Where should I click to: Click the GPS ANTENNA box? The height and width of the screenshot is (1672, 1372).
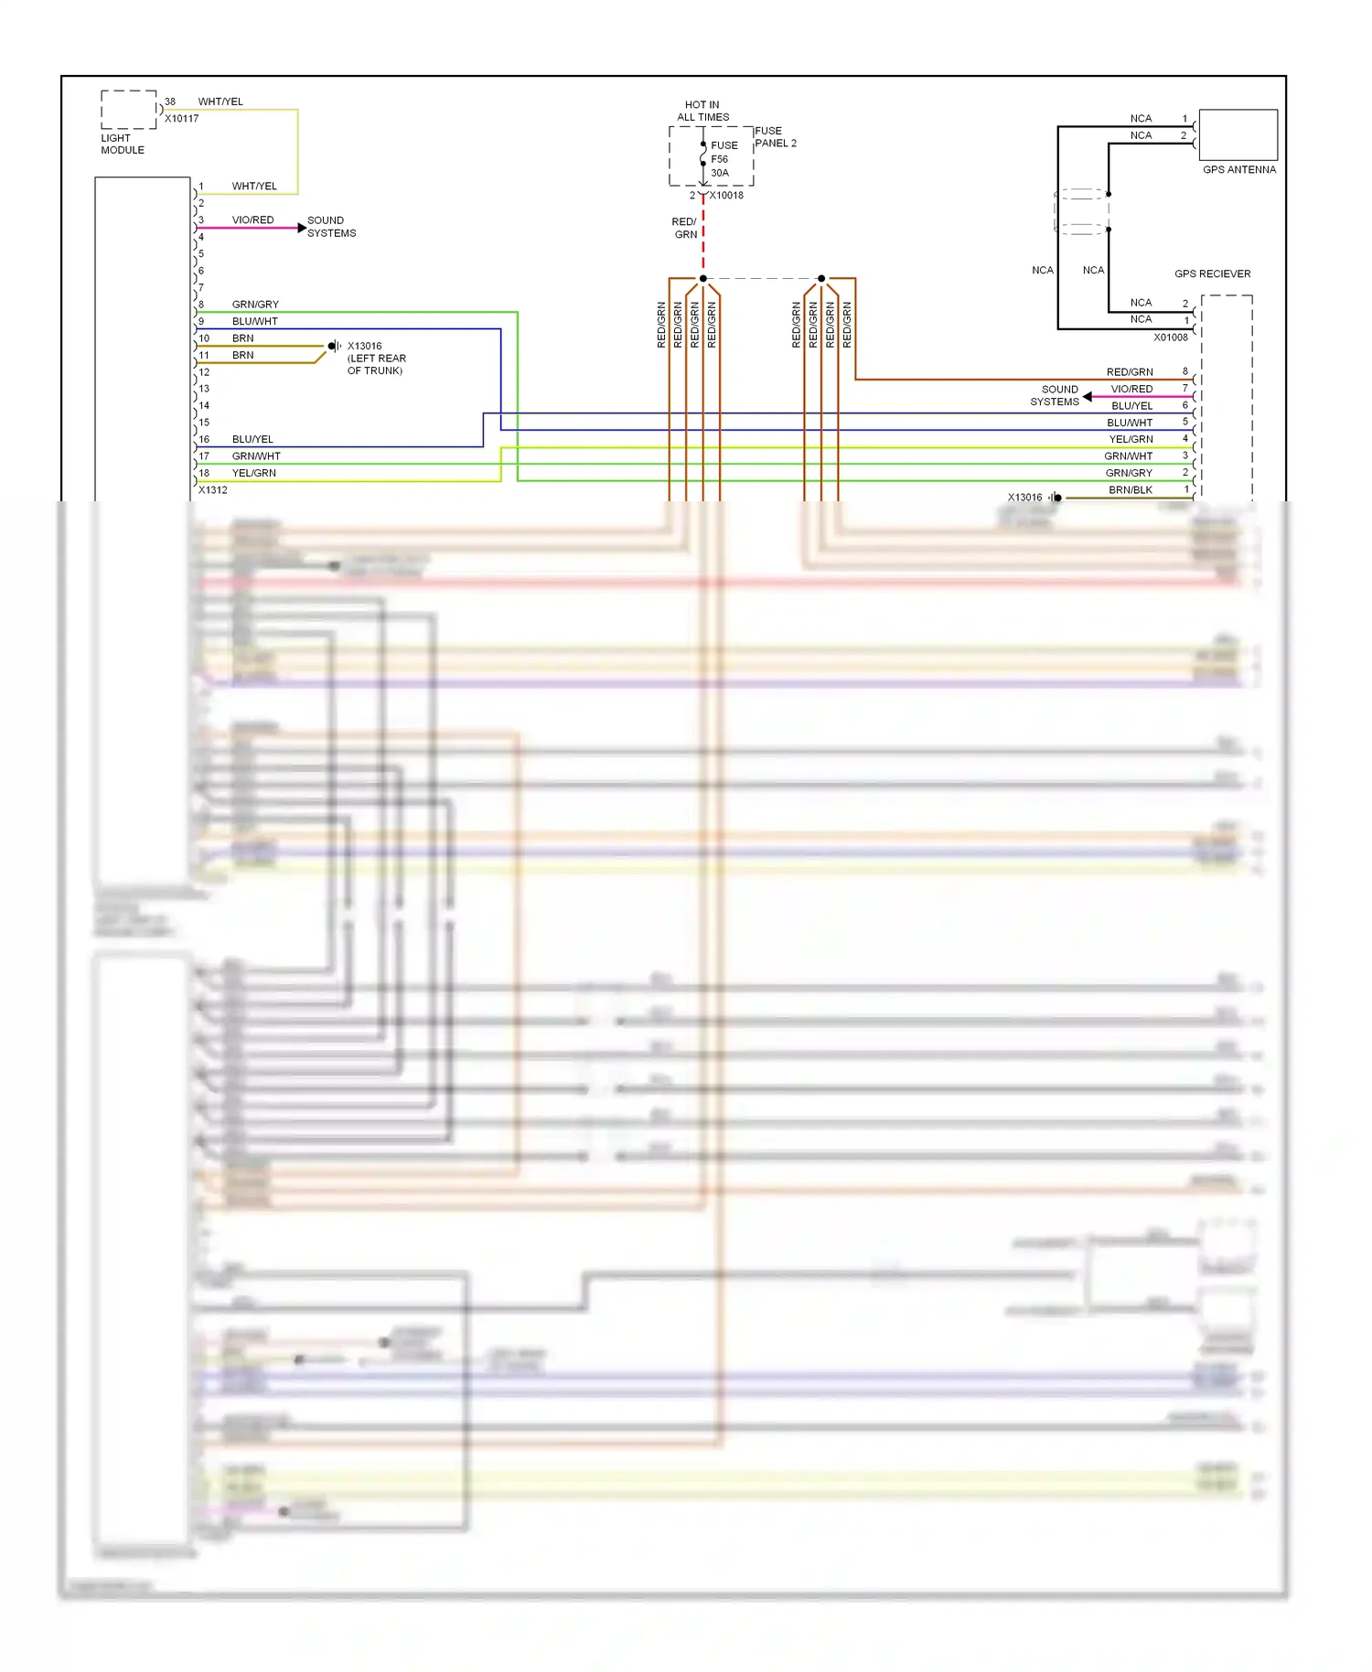pos(1238,135)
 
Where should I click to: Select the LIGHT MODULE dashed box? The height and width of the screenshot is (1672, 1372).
pos(128,109)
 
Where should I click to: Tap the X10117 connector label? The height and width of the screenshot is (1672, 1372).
pos(181,119)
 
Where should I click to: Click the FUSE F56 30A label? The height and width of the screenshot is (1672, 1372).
pos(724,159)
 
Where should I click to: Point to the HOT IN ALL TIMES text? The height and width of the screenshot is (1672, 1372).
pos(702,111)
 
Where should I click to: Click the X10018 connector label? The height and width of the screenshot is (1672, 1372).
pos(726,196)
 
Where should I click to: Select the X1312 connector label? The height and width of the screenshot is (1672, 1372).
pos(212,490)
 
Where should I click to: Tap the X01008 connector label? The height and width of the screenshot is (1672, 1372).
pos(1170,338)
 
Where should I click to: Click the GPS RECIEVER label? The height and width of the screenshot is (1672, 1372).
pos(1212,273)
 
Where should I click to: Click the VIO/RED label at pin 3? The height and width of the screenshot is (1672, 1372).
pos(252,220)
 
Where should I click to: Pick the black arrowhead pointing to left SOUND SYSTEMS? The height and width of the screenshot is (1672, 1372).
pos(1088,397)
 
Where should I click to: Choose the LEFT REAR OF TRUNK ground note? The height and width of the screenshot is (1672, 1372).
pos(376,364)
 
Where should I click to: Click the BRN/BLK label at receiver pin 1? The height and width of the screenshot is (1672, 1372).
pos(1131,490)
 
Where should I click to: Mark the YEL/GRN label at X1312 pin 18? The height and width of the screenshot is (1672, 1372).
pos(253,473)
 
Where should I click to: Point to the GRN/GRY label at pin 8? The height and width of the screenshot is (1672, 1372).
pos(255,305)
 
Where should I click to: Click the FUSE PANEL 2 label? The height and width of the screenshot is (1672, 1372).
pos(775,137)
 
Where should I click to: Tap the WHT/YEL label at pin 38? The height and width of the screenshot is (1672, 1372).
pos(220,102)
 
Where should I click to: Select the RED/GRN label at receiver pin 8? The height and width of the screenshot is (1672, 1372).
pos(1130,372)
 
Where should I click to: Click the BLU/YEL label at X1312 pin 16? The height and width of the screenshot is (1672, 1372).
pos(252,439)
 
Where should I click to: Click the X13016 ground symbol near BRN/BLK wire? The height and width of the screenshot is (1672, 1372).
pos(1056,498)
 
